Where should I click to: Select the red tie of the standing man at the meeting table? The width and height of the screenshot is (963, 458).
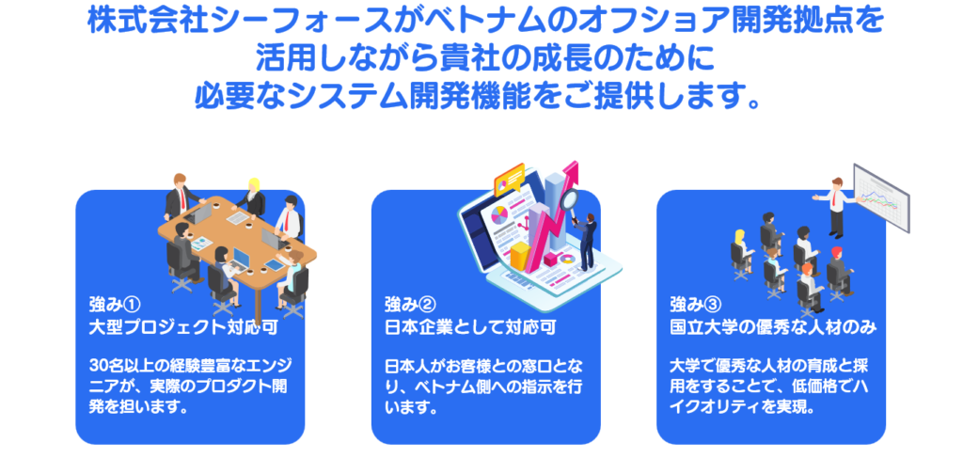182,197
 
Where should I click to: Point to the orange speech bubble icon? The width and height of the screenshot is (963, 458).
509,178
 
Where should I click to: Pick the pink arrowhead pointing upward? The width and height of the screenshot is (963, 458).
571,171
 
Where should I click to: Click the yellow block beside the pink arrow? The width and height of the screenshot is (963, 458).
520,254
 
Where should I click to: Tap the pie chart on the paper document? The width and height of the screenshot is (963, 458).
498,215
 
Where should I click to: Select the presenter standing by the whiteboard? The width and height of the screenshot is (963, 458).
834,207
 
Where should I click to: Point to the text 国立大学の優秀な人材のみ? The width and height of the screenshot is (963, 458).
773,327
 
